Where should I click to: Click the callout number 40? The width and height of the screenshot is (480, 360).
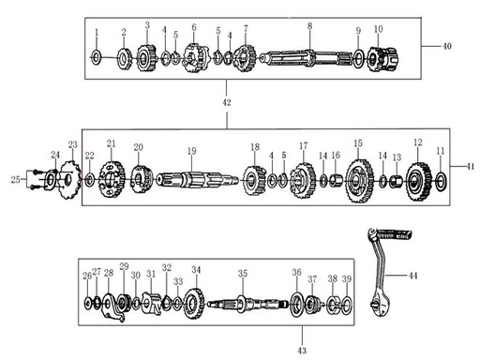[446, 45]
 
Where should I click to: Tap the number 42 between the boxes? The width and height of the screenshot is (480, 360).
[226, 98]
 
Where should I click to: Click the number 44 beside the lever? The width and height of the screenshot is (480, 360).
[413, 277]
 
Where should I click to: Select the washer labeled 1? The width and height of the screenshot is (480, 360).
[97, 58]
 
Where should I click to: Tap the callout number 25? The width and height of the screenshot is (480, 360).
[14, 178]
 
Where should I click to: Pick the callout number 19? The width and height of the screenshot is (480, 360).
[191, 151]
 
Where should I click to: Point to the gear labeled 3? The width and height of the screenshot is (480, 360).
[146, 58]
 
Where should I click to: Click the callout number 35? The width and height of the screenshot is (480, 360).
[242, 274]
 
